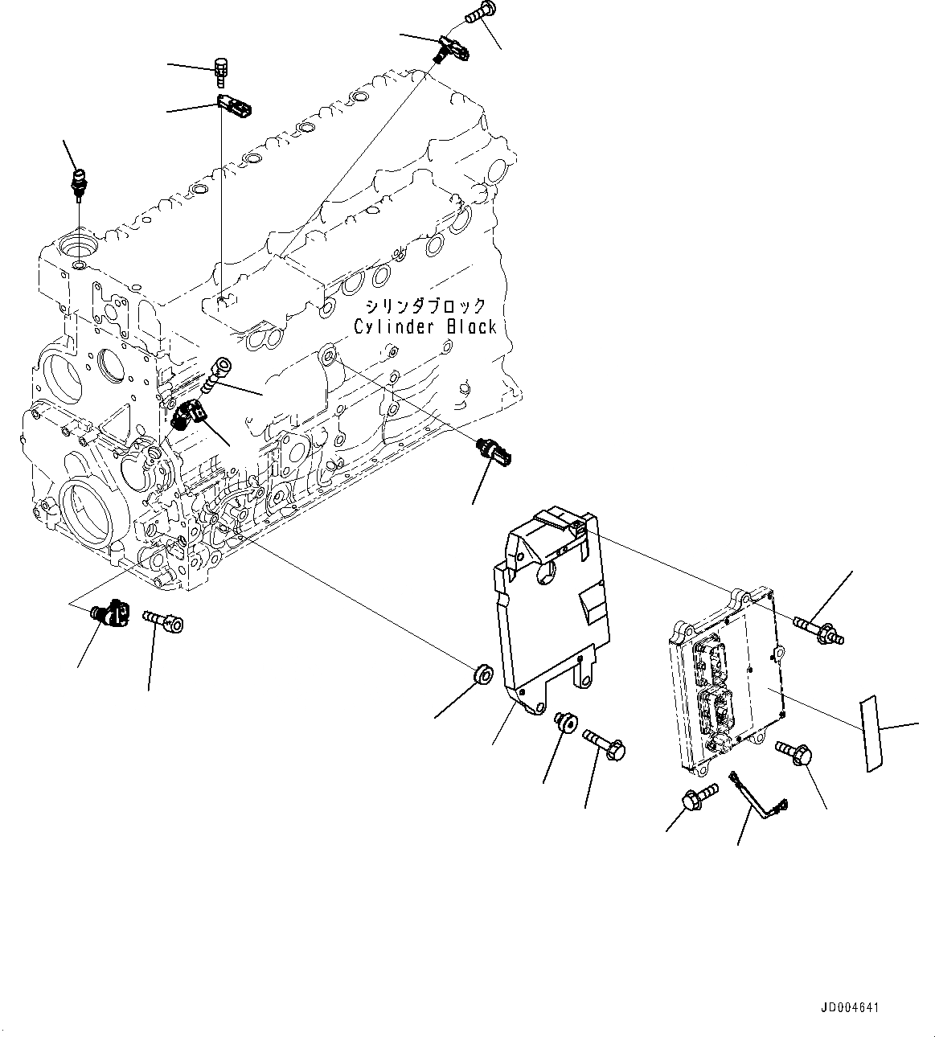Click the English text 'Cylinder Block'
[425, 326]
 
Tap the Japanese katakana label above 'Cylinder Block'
[425, 306]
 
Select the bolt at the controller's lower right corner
[795, 752]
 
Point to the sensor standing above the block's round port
[80, 180]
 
